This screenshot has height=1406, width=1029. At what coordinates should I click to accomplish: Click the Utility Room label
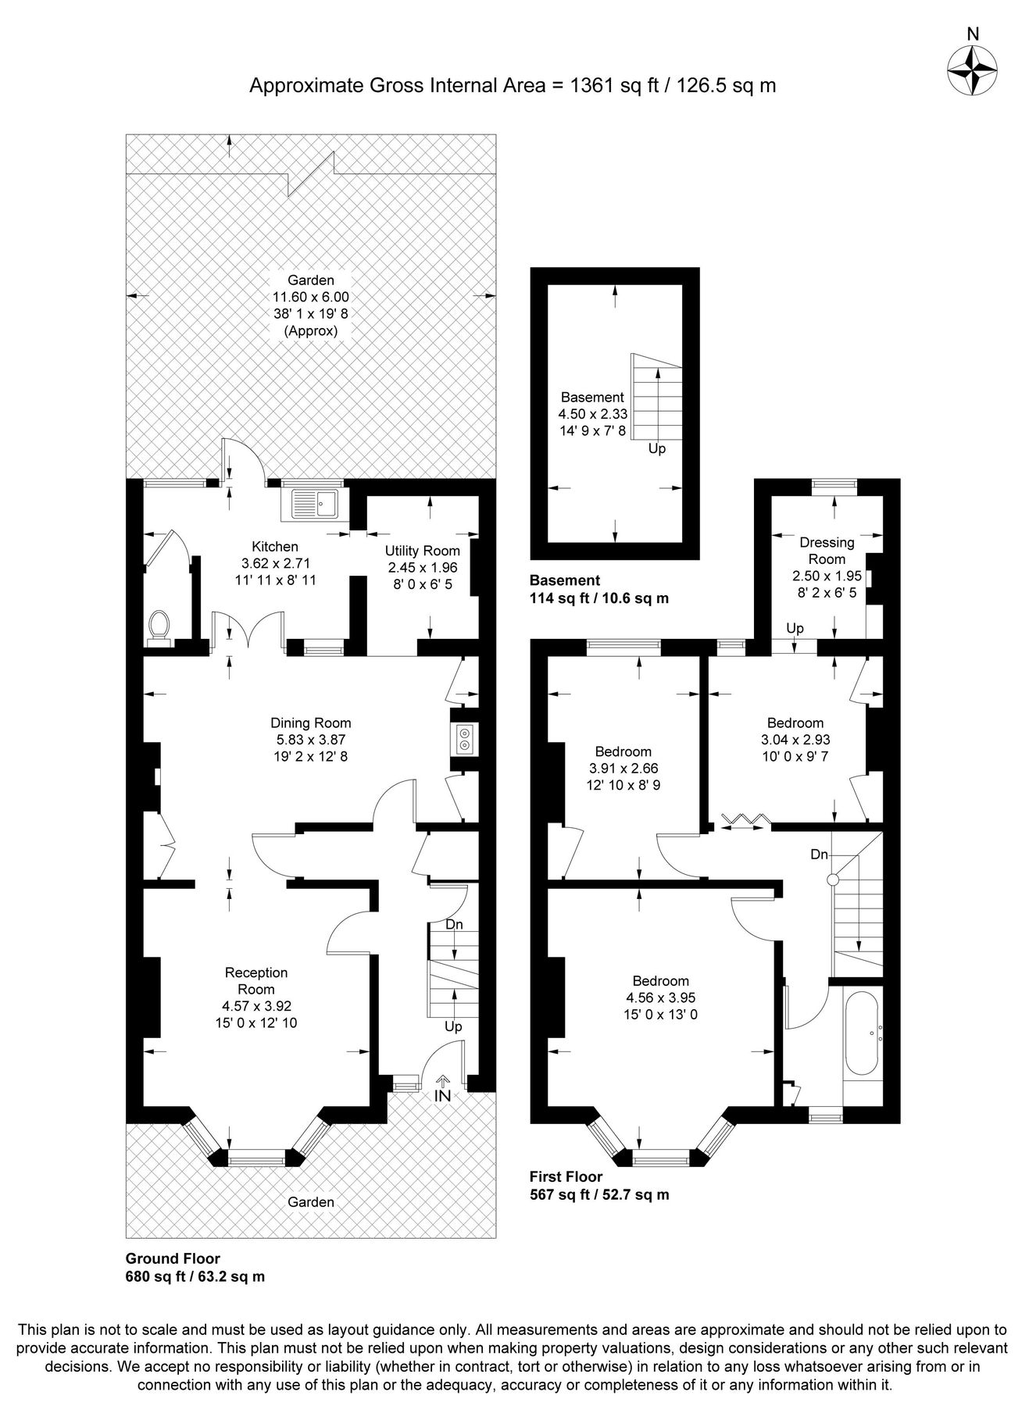click(x=422, y=551)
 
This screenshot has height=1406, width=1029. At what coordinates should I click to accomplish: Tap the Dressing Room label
click(x=827, y=550)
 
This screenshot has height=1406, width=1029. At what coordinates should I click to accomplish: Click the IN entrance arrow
click(x=442, y=1090)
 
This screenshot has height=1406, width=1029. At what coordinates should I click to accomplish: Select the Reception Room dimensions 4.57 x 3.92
click(x=256, y=1006)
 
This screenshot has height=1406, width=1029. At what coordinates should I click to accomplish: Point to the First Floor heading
click(x=566, y=1176)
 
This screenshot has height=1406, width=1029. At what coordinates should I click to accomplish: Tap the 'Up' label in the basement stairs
click(x=657, y=449)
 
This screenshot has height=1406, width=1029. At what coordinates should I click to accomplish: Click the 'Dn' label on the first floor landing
click(x=818, y=855)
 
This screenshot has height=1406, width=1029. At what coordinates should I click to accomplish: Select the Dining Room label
click(x=310, y=723)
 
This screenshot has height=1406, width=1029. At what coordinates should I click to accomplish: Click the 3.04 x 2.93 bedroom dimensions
click(x=795, y=740)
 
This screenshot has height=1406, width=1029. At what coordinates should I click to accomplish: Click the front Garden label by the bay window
click(x=310, y=1202)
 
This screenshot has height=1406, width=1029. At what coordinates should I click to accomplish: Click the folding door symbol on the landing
click(x=745, y=819)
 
